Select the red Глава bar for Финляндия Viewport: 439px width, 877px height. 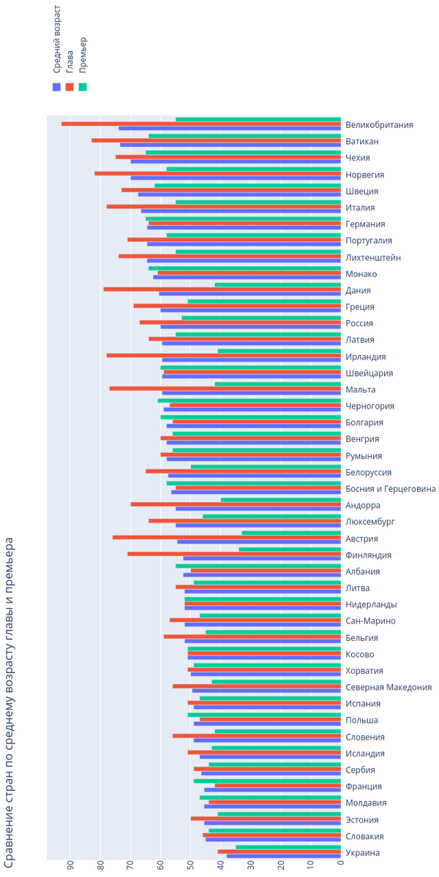point(234,553)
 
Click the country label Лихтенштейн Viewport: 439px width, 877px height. point(373,257)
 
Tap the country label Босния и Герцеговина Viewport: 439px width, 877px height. point(391,489)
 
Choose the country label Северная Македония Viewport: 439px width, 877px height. point(389,687)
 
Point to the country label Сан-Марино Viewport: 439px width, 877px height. point(371,621)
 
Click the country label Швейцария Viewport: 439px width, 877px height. point(369,373)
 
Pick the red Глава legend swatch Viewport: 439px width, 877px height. point(70,86)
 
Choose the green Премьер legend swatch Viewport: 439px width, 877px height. point(83,86)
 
